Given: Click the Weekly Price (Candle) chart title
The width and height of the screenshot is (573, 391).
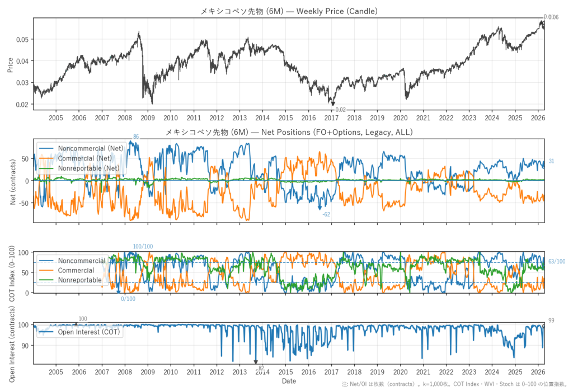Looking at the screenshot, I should tap(289, 11).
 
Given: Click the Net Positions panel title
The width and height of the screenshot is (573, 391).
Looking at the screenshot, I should tap(289, 133).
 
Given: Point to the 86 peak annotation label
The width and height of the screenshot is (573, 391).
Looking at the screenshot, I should tap(136, 137).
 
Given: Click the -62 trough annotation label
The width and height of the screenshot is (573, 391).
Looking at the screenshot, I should tap(326, 214).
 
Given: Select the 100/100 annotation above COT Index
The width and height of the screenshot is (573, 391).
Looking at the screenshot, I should tap(143, 247).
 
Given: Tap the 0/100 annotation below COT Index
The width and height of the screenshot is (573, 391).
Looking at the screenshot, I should tap(128, 299).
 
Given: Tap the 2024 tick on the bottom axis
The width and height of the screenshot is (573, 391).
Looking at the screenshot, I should tap(492, 372).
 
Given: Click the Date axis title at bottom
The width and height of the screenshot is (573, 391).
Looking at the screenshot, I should tap(289, 381).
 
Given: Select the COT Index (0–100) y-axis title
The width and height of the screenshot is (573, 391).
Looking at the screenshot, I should tap(11, 272).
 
